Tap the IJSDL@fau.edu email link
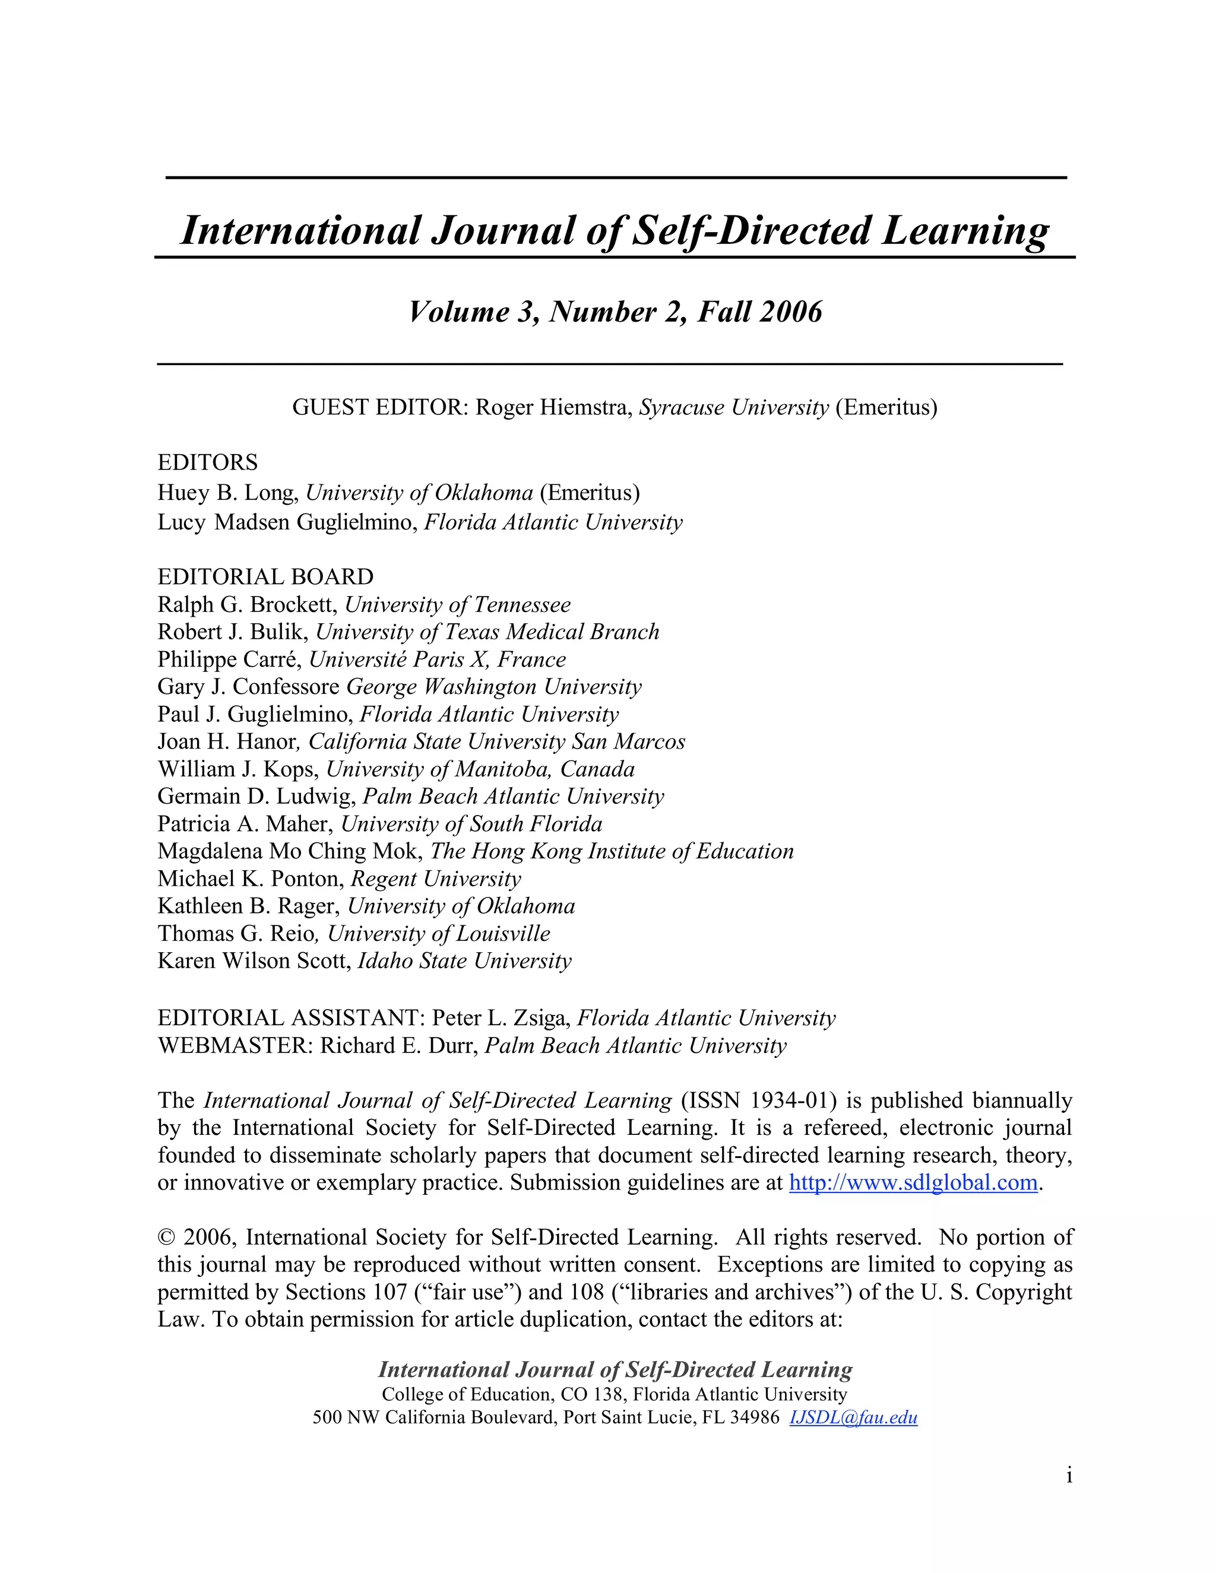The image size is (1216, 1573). [853, 1417]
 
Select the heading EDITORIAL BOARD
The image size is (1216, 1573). [265, 577]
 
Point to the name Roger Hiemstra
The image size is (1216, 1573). [553, 408]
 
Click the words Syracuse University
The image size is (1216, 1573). [734, 408]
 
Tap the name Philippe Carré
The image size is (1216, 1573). [229, 659]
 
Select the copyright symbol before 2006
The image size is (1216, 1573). [166, 1238]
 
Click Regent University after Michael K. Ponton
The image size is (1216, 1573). [436, 879]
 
